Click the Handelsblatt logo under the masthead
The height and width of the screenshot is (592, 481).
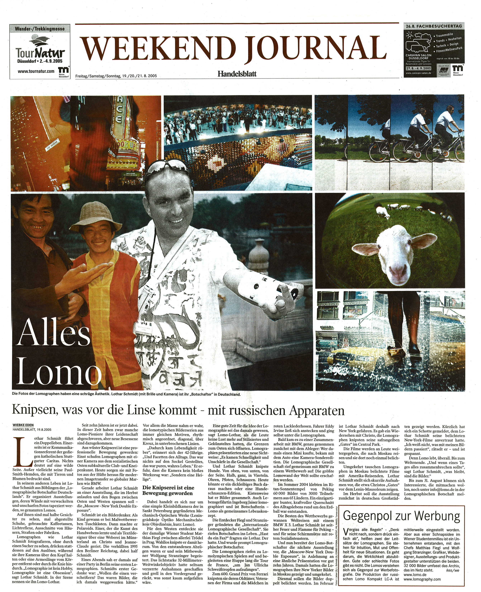point(237,74)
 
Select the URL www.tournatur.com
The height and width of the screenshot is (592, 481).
point(36,71)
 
